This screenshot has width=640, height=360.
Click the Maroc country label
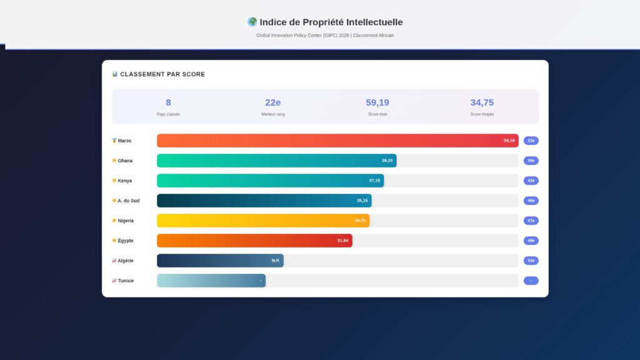point(124,141)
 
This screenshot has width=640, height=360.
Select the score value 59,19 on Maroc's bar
point(509,141)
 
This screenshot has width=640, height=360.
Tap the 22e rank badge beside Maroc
point(531,141)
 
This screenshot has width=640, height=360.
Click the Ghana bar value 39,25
point(387,161)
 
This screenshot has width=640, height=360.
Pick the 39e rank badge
point(531,161)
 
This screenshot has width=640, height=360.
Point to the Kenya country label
point(125,181)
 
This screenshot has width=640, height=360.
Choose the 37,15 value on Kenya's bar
point(374,181)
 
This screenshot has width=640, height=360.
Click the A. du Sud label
point(128,201)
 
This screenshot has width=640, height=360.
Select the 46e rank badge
point(531,201)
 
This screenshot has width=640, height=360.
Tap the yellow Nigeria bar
point(262,221)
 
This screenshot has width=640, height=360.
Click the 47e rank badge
point(531,221)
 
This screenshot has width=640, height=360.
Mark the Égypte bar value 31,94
point(342,241)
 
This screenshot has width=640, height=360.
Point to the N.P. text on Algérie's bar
point(276,261)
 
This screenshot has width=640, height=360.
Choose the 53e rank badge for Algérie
point(531,261)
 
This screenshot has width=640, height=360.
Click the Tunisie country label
point(126,281)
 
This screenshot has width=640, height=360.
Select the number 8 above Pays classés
point(168,102)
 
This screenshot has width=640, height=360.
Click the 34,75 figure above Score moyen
point(482,102)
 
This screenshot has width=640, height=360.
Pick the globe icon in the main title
point(252,22)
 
